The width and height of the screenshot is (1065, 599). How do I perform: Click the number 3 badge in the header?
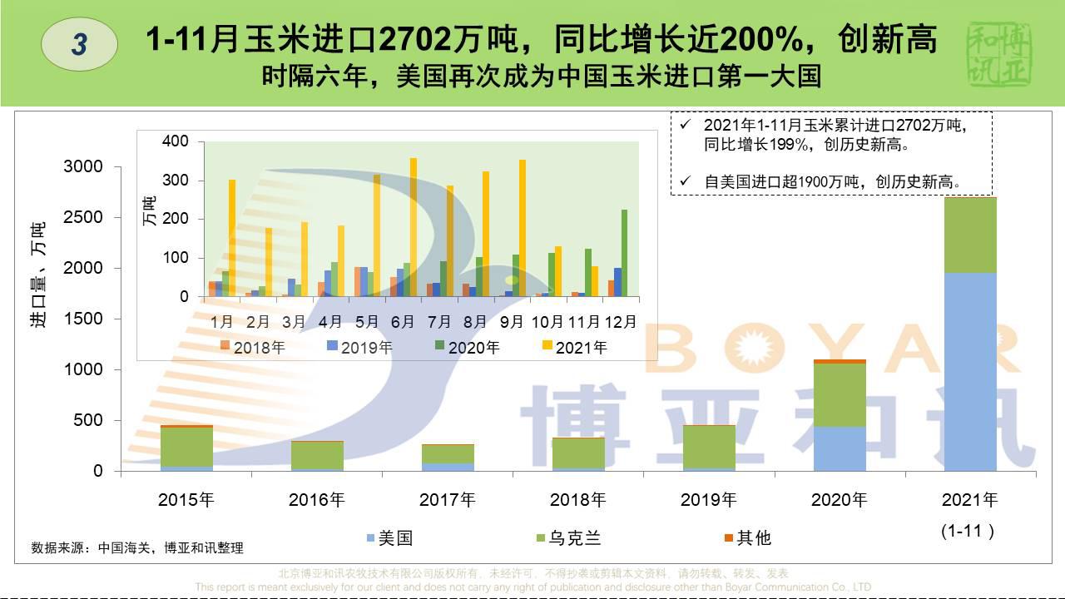79,43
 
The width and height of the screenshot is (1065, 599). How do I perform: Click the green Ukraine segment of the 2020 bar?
839,394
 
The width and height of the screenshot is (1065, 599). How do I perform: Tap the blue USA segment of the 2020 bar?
839,448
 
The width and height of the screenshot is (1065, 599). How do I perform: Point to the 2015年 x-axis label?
186,500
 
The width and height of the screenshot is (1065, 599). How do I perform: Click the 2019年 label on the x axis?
708,500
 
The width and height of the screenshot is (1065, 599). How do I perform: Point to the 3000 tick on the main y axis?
83,167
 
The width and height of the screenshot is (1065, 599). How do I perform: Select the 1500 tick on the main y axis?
83,319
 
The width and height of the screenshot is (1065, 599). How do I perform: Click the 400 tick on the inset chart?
176,141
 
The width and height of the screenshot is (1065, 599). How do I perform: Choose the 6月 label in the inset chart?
403,321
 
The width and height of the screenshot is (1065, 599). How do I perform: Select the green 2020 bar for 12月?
625,253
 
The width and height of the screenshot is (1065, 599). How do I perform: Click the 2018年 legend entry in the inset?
252,348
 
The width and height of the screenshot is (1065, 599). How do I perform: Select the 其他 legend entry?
747,538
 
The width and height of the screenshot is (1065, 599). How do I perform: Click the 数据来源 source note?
137,548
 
